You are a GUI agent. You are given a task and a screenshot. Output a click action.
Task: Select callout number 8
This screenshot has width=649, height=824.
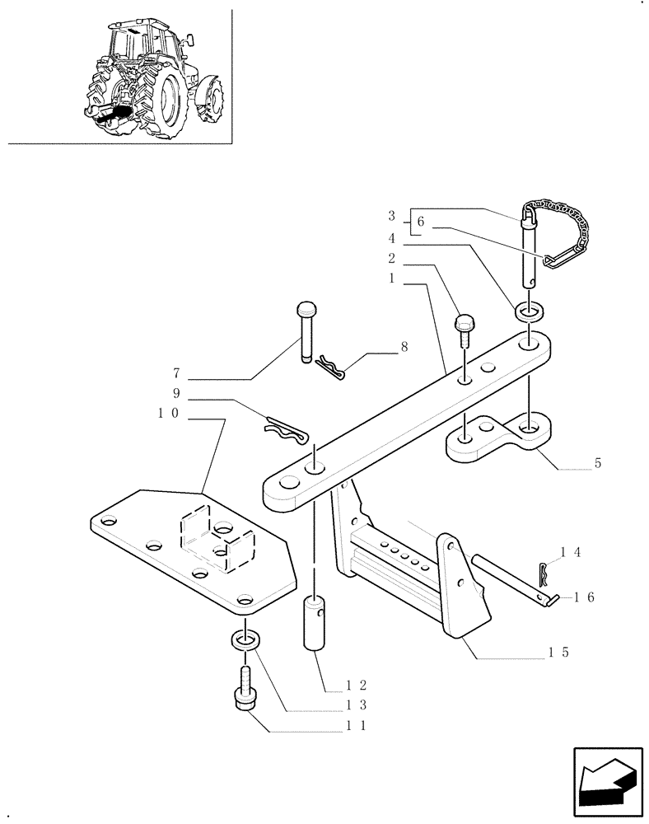(x=403, y=349)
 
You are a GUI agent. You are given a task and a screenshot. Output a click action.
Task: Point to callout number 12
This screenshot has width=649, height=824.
(x=356, y=683)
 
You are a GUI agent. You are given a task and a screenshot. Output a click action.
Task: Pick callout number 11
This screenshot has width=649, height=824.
(x=356, y=726)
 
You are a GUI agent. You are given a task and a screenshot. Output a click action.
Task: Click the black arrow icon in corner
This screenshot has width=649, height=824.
(x=608, y=783)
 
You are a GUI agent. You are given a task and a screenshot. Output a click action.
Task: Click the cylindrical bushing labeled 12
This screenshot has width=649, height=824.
(x=318, y=624)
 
